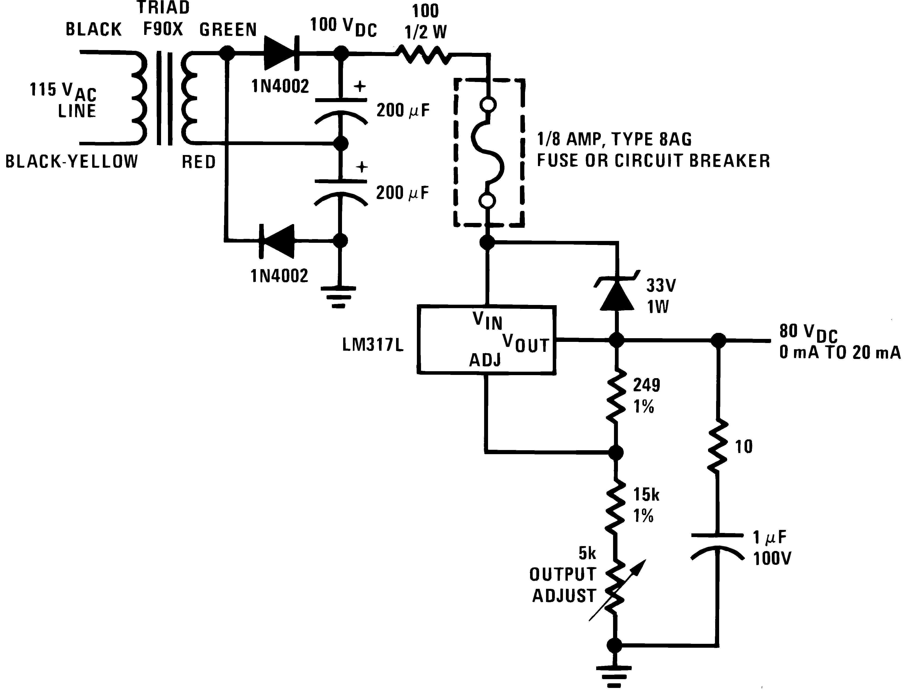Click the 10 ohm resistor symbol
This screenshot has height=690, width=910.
(718, 446)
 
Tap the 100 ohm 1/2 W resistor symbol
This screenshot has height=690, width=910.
(424, 55)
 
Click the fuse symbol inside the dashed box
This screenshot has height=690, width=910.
(488, 152)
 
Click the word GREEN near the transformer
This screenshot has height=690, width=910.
(228, 30)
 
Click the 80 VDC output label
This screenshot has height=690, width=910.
(808, 332)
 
